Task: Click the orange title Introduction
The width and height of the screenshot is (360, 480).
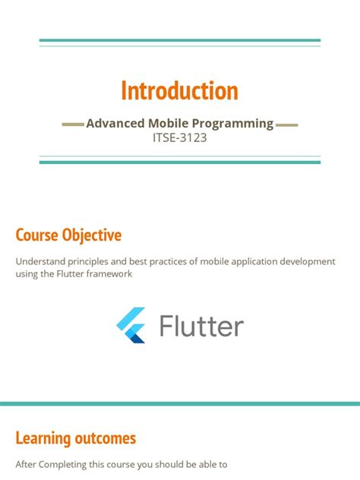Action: [179, 91]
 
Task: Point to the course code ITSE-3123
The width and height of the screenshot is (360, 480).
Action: [179, 138]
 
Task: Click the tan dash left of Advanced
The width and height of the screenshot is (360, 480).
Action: [72, 125]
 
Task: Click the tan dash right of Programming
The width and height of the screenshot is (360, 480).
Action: [287, 125]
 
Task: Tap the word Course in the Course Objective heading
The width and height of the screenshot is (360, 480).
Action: [36, 235]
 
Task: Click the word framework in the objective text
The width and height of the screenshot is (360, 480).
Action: [111, 273]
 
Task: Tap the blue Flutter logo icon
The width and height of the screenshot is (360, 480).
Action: [131, 326]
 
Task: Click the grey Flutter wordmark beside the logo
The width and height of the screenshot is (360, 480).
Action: [201, 327]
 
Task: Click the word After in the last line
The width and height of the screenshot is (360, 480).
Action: [26, 464]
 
